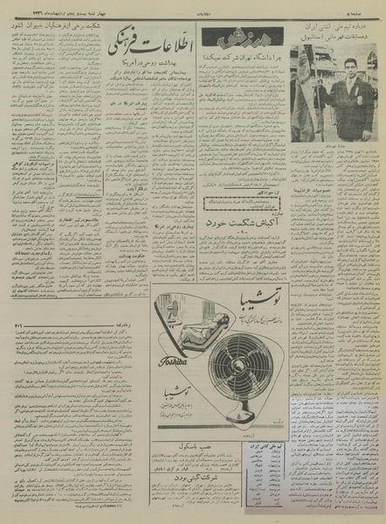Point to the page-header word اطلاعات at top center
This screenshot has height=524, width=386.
point(194,10)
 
